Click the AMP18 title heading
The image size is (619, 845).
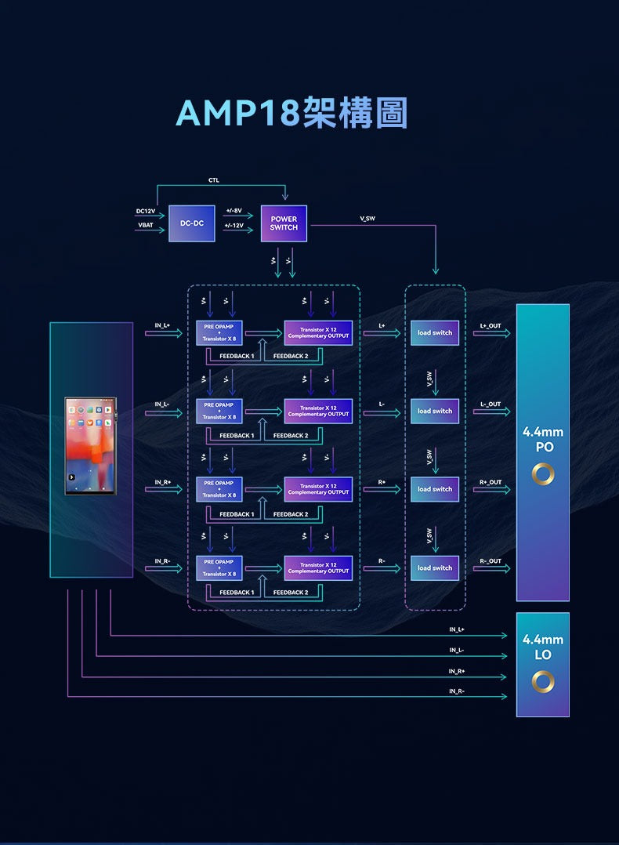(x=291, y=114)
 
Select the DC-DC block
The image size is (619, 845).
(x=191, y=223)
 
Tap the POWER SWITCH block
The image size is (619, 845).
(x=284, y=223)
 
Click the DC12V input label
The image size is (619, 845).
(x=145, y=211)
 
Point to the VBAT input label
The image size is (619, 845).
(x=146, y=225)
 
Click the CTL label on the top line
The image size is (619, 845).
(x=214, y=180)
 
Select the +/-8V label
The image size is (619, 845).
(x=233, y=211)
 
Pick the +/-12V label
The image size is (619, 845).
(x=233, y=225)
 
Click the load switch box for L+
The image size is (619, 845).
(x=435, y=333)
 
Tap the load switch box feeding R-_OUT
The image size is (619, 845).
(x=435, y=568)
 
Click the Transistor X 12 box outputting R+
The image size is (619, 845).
(x=318, y=489)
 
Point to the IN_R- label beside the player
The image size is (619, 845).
(x=162, y=560)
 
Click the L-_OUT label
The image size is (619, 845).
(x=490, y=404)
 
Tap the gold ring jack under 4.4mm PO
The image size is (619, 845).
(x=543, y=474)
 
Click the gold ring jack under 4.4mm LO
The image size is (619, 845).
(x=543, y=682)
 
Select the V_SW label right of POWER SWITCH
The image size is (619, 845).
(x=367, y=218)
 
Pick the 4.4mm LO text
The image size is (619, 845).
(x=543, y=647)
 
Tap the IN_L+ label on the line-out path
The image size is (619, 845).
(x=457, y=629)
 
